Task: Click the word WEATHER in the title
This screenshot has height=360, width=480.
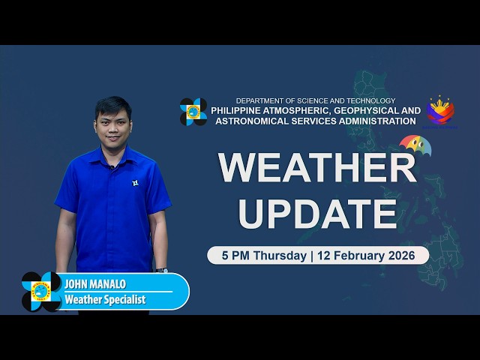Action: [316, 168]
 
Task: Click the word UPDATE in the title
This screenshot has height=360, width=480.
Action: [317, 213]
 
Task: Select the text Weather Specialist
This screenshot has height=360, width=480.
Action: [105, 300]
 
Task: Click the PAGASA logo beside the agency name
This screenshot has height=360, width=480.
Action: [193, 112]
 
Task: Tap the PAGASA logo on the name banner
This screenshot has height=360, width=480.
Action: [41, 292]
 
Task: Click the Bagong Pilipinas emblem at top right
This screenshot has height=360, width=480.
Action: [440, 111]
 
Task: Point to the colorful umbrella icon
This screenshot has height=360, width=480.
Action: [415, 144]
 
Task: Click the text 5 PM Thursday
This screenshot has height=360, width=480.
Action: [262, 255]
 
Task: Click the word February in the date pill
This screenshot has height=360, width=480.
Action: [361, 255]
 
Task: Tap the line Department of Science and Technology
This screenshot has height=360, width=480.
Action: [315, 100]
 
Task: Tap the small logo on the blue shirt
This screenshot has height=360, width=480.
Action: [135, 182]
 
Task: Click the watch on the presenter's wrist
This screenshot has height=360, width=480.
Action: [162, 269]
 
